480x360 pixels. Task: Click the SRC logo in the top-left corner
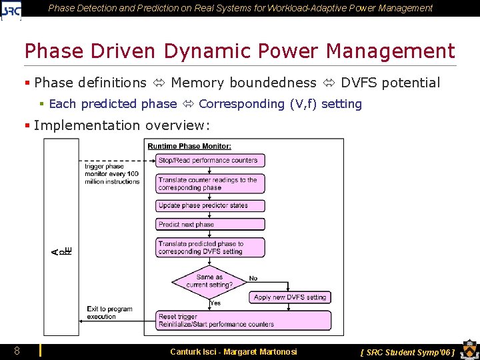(11, 9)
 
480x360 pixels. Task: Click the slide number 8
(17, 351)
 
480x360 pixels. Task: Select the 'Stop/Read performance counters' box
(211, 160)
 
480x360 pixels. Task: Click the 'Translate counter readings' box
(211, 183)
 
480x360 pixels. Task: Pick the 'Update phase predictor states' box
(211, 206)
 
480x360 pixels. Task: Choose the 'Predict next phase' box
(211, 225)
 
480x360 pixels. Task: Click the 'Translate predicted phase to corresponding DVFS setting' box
(211, 248)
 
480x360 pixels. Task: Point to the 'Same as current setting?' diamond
(209, 281)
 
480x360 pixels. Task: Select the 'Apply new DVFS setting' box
(290, 297)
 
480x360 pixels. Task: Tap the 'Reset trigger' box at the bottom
(243, 321)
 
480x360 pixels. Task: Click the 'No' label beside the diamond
(253, 279)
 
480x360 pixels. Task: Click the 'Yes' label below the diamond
(215, 303)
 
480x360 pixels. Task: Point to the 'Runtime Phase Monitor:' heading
(189, 146)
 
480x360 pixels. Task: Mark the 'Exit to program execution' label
(109, 313)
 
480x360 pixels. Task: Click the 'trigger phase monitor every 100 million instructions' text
(111, 174)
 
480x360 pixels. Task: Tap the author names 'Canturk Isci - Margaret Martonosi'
(233, 352)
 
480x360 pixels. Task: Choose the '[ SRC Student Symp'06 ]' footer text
(407, 352)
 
